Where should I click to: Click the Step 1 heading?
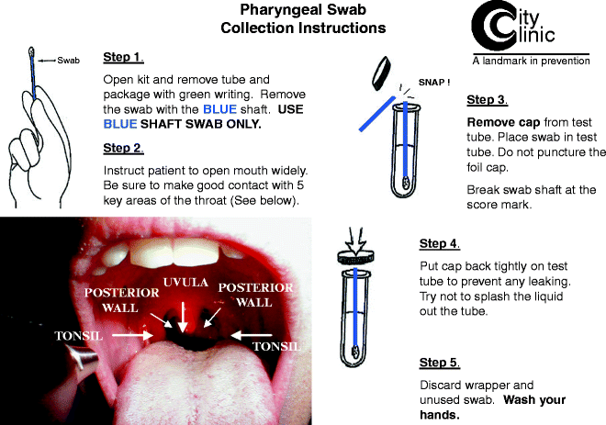click(123, 57)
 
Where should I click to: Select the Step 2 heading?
click(123, 149)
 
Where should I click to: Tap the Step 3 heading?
click(487, 100)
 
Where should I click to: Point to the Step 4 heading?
click(440, 244)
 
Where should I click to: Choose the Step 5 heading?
click(440, 363)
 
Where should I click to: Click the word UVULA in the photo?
click(185, 282)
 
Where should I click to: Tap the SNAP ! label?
click(434, 83)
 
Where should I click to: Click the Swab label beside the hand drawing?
click(69, 61)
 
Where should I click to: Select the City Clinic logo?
click(513, 27)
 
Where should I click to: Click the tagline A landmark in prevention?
click(531, 61)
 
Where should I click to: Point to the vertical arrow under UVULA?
click(183, 318)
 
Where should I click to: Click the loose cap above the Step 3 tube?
click(381, 73)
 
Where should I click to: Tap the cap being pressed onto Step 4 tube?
click(356, 257)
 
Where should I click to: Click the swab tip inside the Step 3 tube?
click(406, 183)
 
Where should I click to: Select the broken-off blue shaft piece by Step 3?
click(377, 114)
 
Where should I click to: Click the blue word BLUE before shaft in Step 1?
click(219, 109)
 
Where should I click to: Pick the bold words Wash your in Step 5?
click(534, 400)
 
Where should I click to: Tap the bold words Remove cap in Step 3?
click(503, 122)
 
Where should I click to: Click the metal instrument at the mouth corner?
click(82, 357)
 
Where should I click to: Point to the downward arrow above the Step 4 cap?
click(356, 240)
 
